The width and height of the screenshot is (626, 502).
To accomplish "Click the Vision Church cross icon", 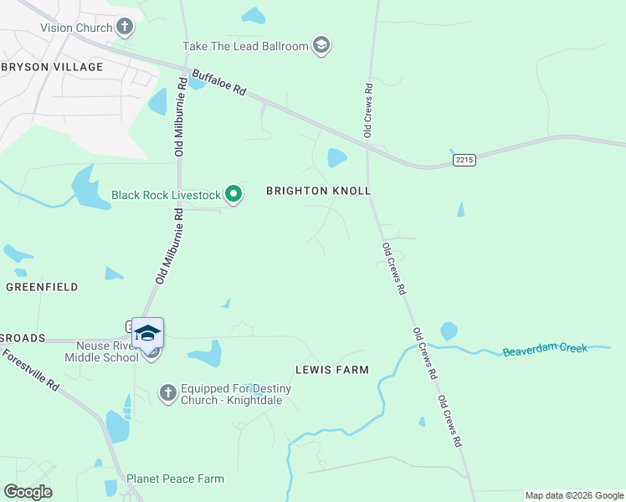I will coord(125,28).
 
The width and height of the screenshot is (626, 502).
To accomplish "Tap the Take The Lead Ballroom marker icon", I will coord(321,45).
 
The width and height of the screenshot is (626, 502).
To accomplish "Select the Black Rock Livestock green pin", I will coord(233,196).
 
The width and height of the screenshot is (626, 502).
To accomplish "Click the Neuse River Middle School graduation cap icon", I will coord(147,334).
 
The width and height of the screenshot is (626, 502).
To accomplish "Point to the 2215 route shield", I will coord(464,159).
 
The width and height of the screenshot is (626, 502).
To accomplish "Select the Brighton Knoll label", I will coord(318,191).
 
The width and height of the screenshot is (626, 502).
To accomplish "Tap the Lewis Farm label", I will coord(331,369).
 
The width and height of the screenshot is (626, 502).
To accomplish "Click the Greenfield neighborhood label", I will coord(42,287).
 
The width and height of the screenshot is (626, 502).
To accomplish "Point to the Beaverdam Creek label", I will coord(546,350).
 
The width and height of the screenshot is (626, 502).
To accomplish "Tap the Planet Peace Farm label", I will coord(175,479).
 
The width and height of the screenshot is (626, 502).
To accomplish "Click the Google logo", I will coord(28,492).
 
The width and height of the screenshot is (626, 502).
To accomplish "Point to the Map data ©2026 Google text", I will coord(573,495).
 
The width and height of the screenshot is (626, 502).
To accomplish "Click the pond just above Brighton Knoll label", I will coord(336,157).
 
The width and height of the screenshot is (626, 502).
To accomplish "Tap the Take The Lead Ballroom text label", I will coord(246,46).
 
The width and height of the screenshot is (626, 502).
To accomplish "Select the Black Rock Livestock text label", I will coord(166,196).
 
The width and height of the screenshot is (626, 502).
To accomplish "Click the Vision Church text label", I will coord(76,28).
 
